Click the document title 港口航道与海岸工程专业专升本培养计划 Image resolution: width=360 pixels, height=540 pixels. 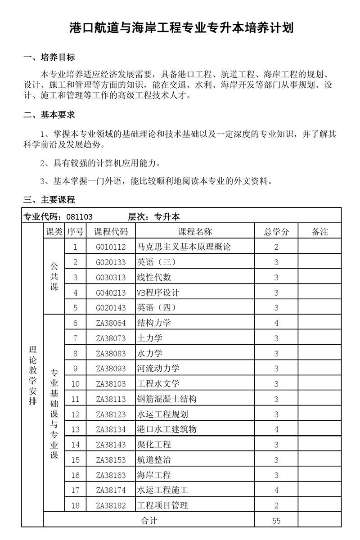click(181, 28)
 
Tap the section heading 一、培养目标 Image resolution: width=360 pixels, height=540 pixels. click(49, 58)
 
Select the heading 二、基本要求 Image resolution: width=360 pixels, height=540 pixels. click(49, 115)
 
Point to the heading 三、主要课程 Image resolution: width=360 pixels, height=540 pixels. click(49, 200)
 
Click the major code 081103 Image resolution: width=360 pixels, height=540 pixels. click(79, 216)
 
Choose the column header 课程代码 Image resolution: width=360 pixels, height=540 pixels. click(111, 232)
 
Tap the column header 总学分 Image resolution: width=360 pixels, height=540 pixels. click(276, 232)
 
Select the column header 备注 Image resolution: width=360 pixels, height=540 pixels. click(319, 232)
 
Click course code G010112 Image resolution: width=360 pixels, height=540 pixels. click(111, 247)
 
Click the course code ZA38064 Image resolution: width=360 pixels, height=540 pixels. click(111, 323)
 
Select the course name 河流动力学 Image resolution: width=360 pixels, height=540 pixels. click(158, 369)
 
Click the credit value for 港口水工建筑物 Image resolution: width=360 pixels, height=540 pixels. click(276, 430)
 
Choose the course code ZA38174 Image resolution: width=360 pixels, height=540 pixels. click(111, 490)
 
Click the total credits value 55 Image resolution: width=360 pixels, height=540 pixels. click(276, 521)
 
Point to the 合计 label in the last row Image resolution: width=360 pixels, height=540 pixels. click(149, 521)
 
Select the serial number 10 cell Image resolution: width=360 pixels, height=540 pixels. click(75, 384)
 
